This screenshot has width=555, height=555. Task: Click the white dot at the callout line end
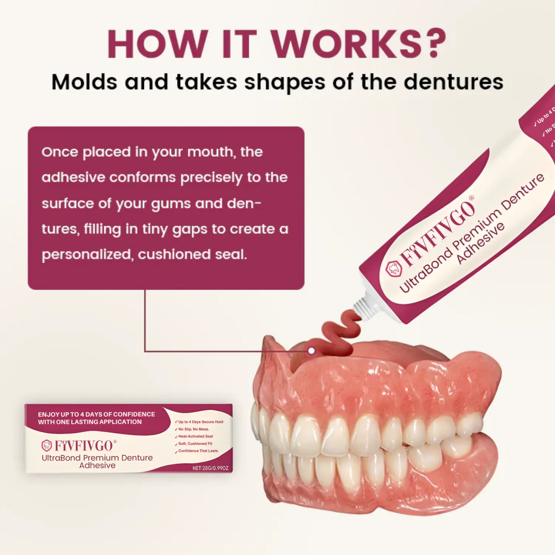click(x=312, y=350)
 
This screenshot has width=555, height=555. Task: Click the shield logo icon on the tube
click(x=394, y=269)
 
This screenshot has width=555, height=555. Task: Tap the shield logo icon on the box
click(x=47, y=446)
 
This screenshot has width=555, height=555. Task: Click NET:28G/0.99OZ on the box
click(x=210, y=468)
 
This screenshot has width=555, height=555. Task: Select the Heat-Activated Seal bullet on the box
click(x=195, y=436)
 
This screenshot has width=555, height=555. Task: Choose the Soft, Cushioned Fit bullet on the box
click(x=195, y=444)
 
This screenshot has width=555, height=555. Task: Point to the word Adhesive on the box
click(x=97, y=465)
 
